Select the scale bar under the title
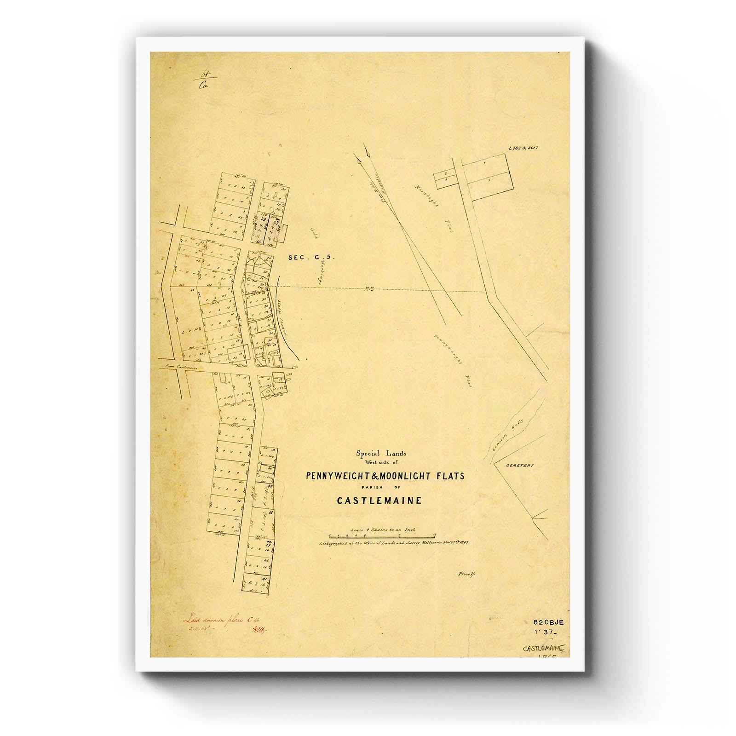coord(382,536)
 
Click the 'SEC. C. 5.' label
coord(311,258)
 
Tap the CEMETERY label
coord(520,466)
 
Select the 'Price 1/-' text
coord(466,575)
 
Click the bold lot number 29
coord(264,219)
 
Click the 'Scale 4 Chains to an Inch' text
coord(383,529)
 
